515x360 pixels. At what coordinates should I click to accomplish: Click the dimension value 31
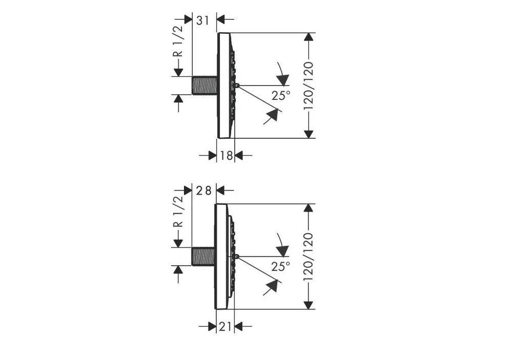coord(202,20)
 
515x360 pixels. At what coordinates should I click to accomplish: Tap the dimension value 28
coord(203,190)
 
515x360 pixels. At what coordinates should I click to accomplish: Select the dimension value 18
coord(226,155)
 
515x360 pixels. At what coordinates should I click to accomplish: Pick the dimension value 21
coord(225,327)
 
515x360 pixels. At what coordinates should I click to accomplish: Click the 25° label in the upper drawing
coord(281,95)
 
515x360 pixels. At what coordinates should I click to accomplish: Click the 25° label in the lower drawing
coord(281,266)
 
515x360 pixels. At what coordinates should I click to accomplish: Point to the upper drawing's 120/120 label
coord(308,86)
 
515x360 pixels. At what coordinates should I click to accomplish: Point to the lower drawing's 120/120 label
coord(308,257)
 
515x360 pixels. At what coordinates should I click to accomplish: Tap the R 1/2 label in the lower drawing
coord(178,211)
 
